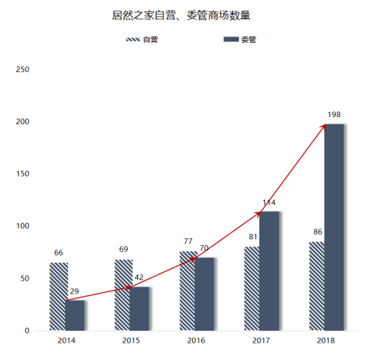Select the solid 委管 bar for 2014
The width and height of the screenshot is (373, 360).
tap(75, 315)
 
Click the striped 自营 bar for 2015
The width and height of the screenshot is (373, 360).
tap(122, 295)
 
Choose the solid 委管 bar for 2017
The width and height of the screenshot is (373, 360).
tap(269, 271)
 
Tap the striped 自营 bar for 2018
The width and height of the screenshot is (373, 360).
tap(317, 286)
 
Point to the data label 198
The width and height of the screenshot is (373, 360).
tap(334, 114)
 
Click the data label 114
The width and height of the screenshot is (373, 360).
tap(269, 203)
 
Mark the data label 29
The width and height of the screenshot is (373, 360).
tap(74, 291)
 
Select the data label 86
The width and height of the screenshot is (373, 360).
tap(317, 232)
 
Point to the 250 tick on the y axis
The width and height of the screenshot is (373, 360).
tap(23, 70)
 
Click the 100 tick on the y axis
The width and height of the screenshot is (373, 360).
tap(23, 226)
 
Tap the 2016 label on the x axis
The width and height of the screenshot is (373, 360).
tap(196, 341)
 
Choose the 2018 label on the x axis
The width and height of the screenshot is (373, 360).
tap(325, 341)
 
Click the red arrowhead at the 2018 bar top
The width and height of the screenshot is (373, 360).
tap(324, 126)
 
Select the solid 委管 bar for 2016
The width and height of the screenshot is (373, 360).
tap(204, 294)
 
